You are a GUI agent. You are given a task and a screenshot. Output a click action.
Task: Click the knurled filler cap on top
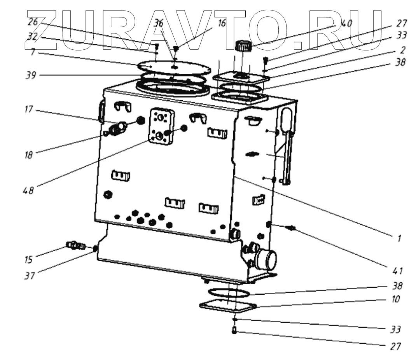click(244, 46)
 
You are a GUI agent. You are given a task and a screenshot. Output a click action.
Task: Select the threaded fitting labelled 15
click(76, 245)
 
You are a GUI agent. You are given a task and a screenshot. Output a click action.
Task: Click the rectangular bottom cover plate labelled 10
click(227, 307)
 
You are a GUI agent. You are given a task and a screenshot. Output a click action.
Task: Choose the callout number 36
click(158, 23)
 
